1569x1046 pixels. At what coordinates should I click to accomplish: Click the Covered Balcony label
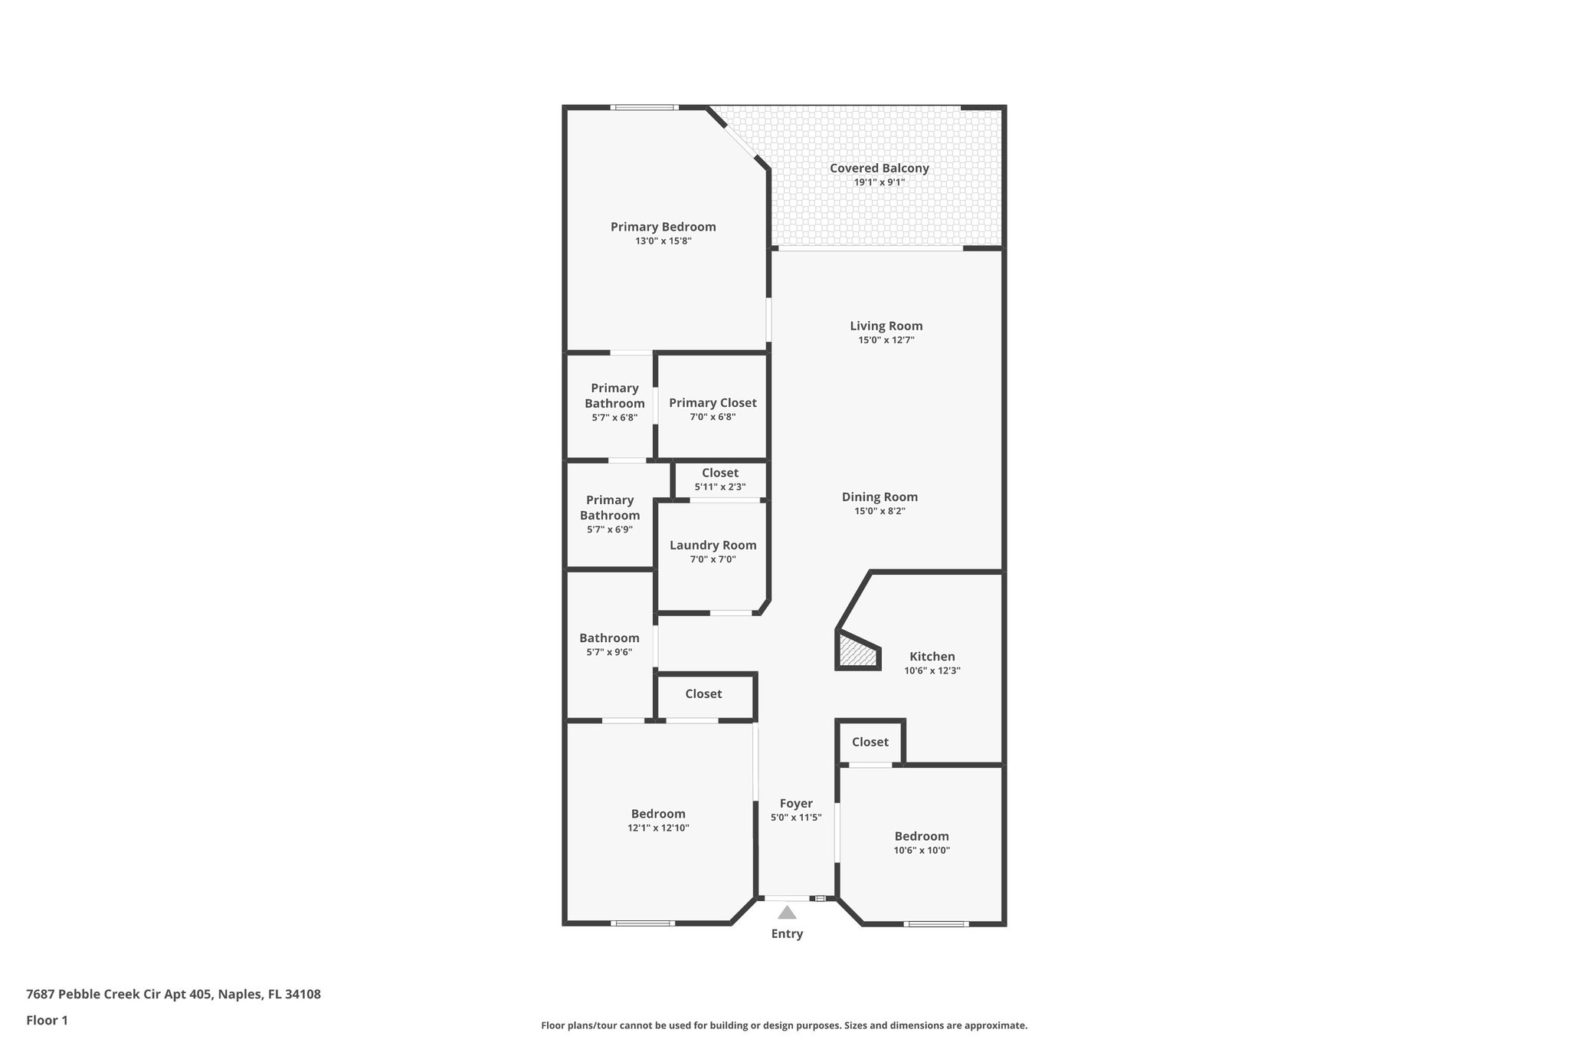pyautogui.click(x=879, y=169)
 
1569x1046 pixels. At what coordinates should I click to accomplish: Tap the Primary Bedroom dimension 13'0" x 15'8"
pyautogui.click(x=663, y=241)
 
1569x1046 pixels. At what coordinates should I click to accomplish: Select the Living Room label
pyautogui.click(x=886, y=326)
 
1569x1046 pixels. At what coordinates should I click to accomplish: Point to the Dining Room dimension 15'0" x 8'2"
pyautogui.click(x=879, y=511)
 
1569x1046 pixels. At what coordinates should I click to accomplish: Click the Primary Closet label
pyautogui.click(x=712, y=403)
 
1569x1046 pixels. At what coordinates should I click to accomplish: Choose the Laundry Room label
pyautogui.click(x=712, y=546)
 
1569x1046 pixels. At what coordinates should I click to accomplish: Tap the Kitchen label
pyautogui.click(x=932, y=657)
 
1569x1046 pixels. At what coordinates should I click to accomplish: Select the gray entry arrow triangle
pyautogui.click(x=787, y=913)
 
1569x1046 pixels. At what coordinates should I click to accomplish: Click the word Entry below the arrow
pyautogui.click(x=787, y=934)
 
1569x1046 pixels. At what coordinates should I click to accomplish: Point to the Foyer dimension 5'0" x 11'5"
pyautogui.click(x=796, y=818)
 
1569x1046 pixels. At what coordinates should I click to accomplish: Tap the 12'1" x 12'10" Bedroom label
pyautogui.click(x=658, y=814)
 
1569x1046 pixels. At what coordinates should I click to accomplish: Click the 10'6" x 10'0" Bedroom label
pyautogui.click(x=922, y=836)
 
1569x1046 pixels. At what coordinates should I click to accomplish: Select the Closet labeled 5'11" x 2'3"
pyautogui.click(x=720, y=474)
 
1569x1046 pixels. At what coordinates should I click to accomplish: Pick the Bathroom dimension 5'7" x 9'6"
pyautogui.click(x=609, y=652)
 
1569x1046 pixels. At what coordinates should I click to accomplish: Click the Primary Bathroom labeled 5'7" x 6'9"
pyautogui.click(x=610, y=507)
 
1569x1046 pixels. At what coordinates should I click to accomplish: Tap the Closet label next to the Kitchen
pyautogui.click(x=870, y=742)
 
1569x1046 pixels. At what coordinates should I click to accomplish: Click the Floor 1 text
pyautogui.click(x=47, y=1020)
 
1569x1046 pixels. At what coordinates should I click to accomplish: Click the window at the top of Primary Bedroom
pyautogui.click(x=644, y=107)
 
